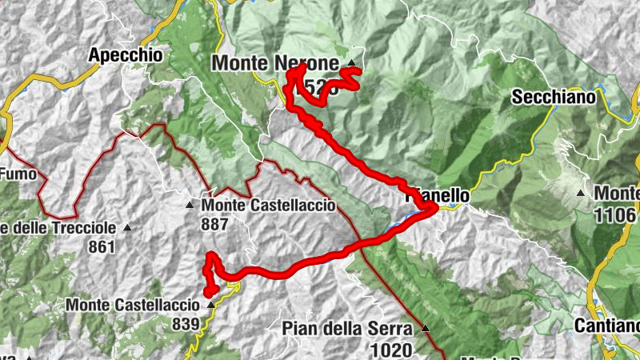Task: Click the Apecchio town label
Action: coord(126,55)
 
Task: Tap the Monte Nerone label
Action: coord(275,62)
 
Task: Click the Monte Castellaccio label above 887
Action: coord(268,206)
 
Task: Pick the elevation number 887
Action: coord(215,225)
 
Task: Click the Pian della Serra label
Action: coord(346,329)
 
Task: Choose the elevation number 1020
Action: coord(391,349)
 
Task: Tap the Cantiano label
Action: coord(607,326)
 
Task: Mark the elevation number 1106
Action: coord(617,214)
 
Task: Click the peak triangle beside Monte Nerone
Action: coord(351,62)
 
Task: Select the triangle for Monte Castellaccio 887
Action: coord(190,206)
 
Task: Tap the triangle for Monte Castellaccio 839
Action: coord(210,305)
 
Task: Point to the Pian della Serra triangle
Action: coord(426,328)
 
